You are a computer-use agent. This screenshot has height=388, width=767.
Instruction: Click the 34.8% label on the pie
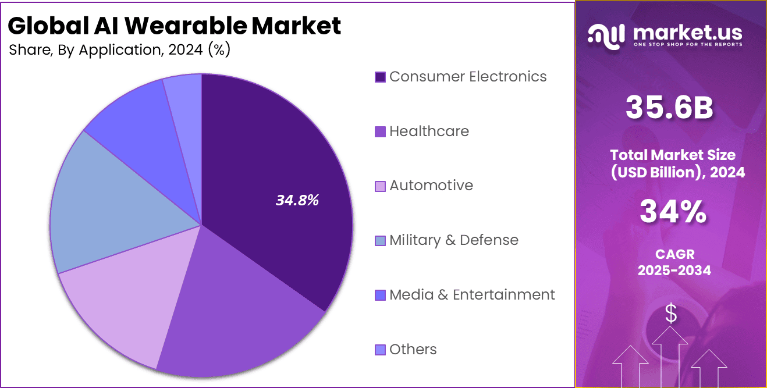297,201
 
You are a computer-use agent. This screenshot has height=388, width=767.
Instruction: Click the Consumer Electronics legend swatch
380,77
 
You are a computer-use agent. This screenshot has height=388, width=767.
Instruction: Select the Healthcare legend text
429,131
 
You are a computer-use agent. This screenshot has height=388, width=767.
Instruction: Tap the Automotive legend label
431,186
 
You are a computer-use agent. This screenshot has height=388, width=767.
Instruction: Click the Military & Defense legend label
453,240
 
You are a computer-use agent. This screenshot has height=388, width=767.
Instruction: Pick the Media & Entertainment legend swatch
380,295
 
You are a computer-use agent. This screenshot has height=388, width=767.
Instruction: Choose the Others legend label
413,350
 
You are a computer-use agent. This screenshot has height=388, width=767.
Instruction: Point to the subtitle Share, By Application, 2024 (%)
120,50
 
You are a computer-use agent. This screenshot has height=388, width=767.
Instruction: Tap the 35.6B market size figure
669,108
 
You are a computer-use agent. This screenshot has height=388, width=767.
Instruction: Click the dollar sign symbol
671,314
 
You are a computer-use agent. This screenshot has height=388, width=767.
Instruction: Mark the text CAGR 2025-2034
674,262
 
